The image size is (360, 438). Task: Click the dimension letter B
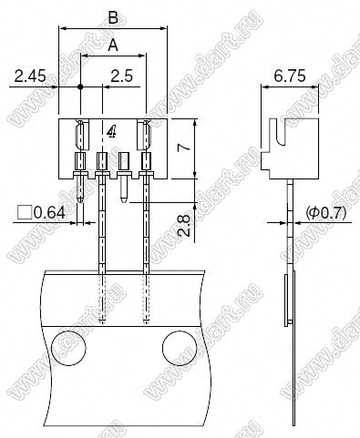pyautogui.click(x=113, y=17)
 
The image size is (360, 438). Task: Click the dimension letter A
pyautogui.click(x=113, y=46)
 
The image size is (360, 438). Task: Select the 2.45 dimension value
pyautogui.click(x=30, y=76)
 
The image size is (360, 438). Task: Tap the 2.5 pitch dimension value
pyautogui.click(x=121, y=76)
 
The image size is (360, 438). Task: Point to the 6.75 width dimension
pyautogui.click(x=290, y=76)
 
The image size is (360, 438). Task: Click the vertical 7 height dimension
pyautogui.click(x=183, y=148)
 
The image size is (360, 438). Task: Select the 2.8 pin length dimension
pyautogui.click(x=183, y=226)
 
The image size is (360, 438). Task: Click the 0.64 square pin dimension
pyautogui.click(x=49, y=213)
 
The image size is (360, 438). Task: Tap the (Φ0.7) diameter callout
pyautogui.click(x=326, y=213)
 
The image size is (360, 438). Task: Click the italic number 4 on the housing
pyautogui.click(x=112, y=132)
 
